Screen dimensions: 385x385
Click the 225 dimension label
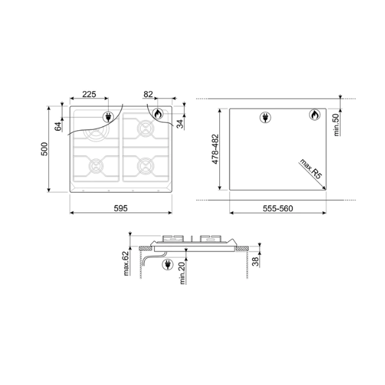tap(89, 94)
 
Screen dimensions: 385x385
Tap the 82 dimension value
tap(148, 94)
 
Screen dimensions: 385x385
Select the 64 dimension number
tap(58, 126)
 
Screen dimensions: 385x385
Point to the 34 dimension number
tap(181, 124)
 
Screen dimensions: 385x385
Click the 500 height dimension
tap(44, 149)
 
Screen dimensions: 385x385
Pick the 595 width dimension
tap(121, 208)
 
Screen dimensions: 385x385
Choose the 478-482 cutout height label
tap(215, 149)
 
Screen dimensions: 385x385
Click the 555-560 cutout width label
tap(278, 209)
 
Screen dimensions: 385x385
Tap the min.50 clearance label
tap(337, 125)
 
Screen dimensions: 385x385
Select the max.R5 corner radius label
tap(310, 169)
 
